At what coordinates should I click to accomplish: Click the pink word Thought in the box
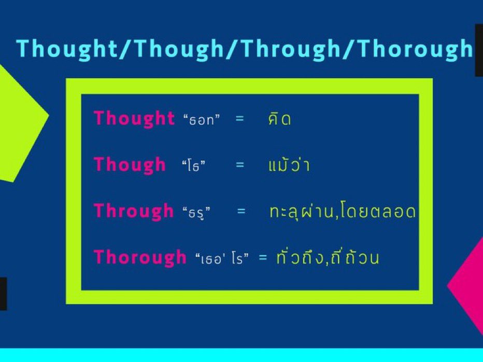pyautogui.click(x=134, y=119)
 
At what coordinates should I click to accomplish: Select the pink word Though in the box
pyautogui.click(x=130, y=165)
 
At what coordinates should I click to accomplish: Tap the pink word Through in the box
pyautogui.click(x=134, y=211)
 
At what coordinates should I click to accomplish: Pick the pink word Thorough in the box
pyautogui.click(x=140, y=257)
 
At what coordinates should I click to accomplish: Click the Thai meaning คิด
pyautogui.click(x=279, y=119)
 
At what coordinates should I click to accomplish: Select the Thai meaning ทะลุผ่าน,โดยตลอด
pyautogui.click(x=343, y=211)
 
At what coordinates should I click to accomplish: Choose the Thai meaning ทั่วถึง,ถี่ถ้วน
pyautogui.click(x=327, y=257)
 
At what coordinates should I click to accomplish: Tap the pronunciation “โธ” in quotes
pyautogui.click(x=195, y=166)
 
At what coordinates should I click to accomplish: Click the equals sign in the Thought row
pyautogui.click(x=239, y=119)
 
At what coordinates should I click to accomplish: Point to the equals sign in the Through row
pyautogui.click(x=241, y=211)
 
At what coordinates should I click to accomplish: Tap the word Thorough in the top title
pyautogui.click(x=415, y=49)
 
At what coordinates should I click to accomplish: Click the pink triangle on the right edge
pyautogui.click(x=469, y=287)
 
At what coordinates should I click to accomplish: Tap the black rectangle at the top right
pyautogui.click(x=478, y=50)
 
